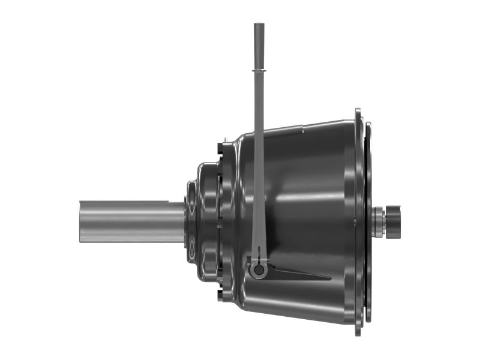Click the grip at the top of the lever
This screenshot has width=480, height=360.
pyautogui.click(x=259, y=45)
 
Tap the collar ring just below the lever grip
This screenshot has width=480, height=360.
pyautogui.click(x=259, y=71)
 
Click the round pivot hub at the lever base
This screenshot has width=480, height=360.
pyautogui.click(x=259, y=270)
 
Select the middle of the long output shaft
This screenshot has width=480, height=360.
pyautogui.click(x=132, y=221)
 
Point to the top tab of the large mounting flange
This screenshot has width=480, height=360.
pyautogui.click(x=358, y=113)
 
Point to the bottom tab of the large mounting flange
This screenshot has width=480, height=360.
pyautogui.click(x=358, y=329)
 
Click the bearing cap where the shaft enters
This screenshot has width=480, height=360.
pyautogui.click(x=191, y=222)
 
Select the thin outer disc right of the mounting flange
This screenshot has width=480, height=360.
pyautogui.click(x=368, y=222)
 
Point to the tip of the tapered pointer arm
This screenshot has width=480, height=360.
pyautogui.click(x=329, y=278)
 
